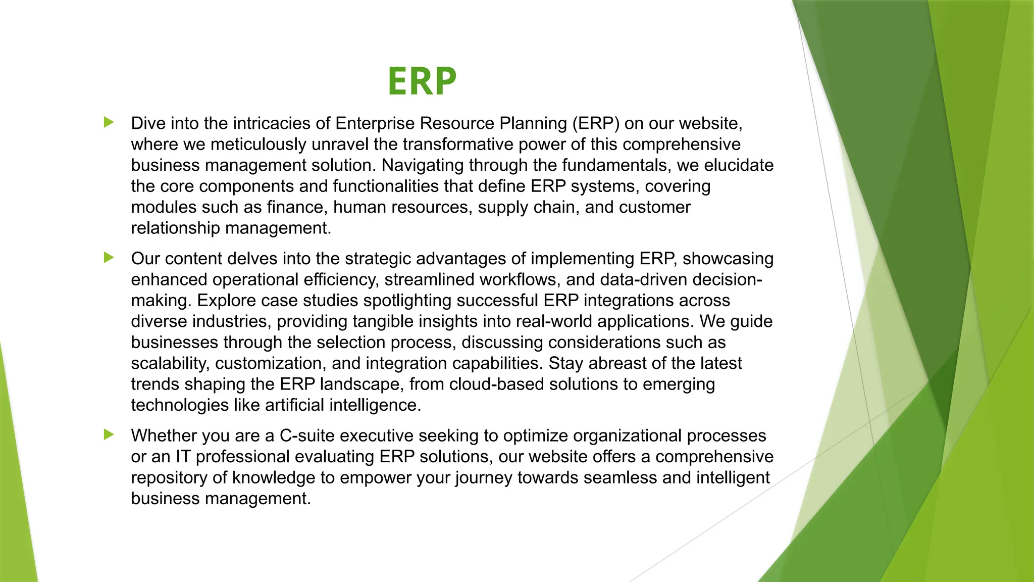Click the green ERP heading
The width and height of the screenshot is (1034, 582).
[422, 81]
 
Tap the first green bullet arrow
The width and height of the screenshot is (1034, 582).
[109, 122]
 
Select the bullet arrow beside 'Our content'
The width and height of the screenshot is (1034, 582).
[109, 258]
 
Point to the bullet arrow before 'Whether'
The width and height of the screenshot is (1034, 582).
[109, 434]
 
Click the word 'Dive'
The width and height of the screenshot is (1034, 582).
[147, 123]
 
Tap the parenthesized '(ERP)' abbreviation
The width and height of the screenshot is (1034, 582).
[595, 123]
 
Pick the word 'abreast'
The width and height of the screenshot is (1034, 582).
[619, 363]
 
